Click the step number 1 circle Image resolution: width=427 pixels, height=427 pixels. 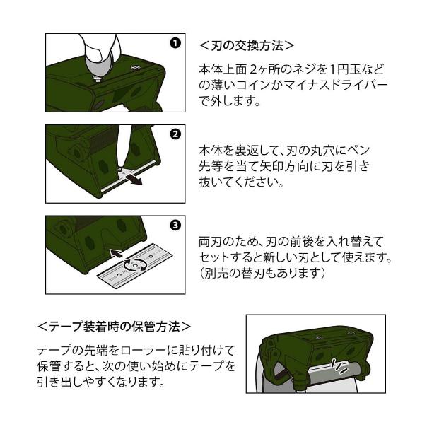pos(175,42)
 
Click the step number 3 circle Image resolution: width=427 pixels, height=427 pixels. pos(175,226)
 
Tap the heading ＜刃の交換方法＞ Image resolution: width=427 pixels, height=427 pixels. pos(246,45)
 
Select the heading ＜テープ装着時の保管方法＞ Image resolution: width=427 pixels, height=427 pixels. pos(114,327)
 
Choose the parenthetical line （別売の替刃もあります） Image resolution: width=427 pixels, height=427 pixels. pos(262,272)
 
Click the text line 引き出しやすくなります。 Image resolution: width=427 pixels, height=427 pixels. pos(101,382)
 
